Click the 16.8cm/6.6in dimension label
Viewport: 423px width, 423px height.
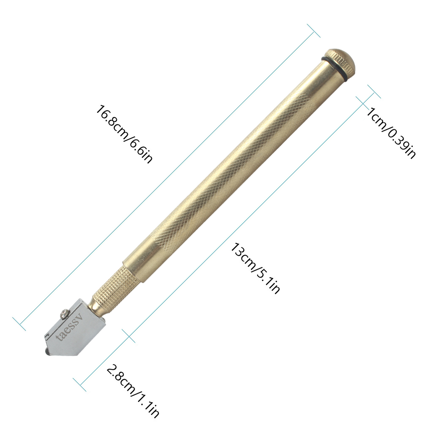point(124,134)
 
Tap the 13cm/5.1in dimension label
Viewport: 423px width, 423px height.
point(255,268)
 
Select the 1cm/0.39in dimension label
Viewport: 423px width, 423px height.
point(390,133)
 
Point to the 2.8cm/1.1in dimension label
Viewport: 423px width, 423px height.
point(133,393)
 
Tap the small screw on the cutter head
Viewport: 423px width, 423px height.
point(64,313)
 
